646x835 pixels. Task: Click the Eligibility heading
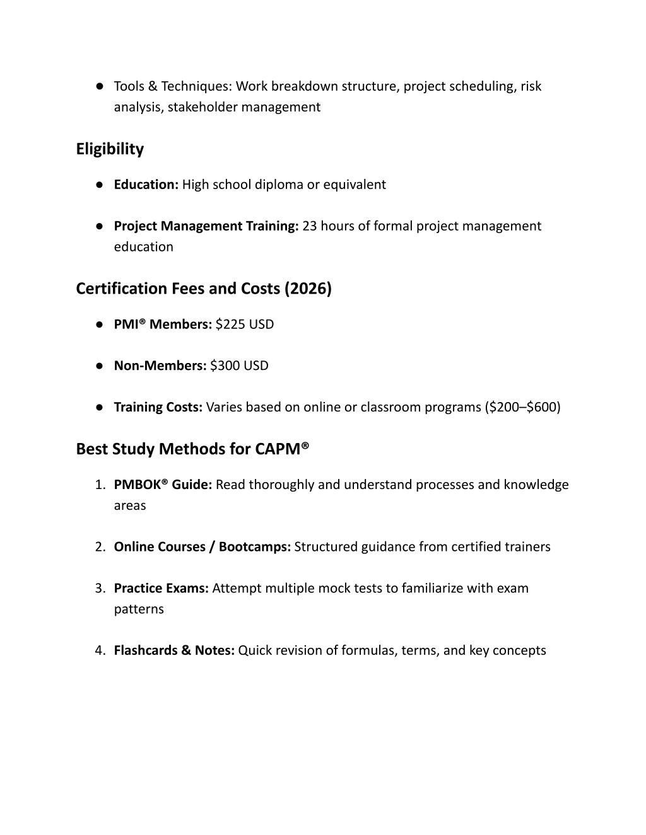[110, 149]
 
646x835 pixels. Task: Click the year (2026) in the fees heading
[308, 289]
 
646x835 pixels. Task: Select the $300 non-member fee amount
[225, 366]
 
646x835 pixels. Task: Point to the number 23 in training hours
[310, 226]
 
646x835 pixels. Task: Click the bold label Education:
[146, 185]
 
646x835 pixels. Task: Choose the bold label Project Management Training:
[206, 226]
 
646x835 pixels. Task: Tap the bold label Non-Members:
[160, 366]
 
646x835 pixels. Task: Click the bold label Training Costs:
[158, 407]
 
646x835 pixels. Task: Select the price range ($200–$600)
[523, 407]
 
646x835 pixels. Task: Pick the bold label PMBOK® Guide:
[163, 485]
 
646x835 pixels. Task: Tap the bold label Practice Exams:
[161, 589]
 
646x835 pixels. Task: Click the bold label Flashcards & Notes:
[174, 650]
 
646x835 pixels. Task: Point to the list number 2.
[100, 547]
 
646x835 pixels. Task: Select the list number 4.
[100, 650]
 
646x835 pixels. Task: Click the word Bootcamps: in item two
[255, 547]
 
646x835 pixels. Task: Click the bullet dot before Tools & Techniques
[100, 86]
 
